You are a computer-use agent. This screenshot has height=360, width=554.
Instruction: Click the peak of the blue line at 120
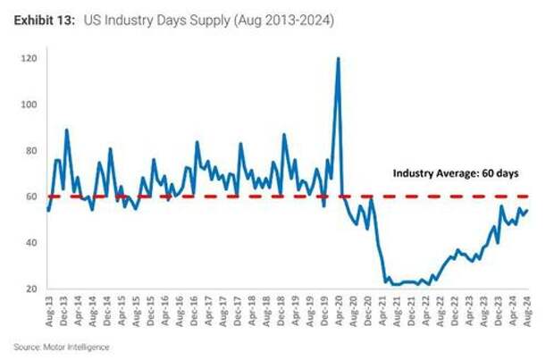point(338,58)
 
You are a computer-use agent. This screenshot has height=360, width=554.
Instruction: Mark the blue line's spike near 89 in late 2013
point(66,130)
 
